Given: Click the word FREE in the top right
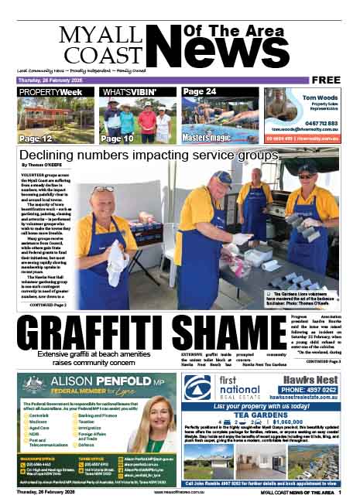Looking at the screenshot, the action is click(x=328, y=80).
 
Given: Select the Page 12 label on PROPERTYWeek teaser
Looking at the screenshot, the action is click(x=36, y=138).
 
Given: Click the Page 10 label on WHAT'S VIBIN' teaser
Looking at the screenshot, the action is click(x=118, y=138).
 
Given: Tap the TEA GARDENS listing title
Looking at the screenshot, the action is click(x=269, y=413).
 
